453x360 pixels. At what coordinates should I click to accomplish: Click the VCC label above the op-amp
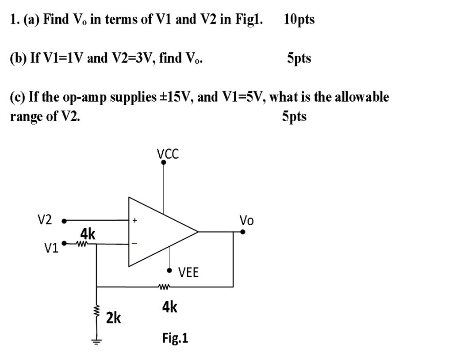coord(168,153)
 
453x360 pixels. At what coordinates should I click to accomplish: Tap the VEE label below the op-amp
coord(188,272)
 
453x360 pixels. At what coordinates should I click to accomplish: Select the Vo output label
coord(246,220)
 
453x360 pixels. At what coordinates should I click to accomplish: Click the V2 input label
coord(44,220)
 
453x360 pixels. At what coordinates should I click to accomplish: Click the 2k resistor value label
coord(114,317)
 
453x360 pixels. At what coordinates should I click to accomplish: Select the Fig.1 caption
coord(175,338)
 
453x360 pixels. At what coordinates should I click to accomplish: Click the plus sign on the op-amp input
coord(135,219)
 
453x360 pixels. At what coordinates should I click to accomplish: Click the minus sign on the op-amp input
coord(135,243)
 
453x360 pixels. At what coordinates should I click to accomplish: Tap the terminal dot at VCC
coord(164,163)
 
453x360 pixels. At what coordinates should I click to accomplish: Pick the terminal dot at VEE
coord(169,271)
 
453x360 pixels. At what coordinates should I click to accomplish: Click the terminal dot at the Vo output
coord(242,231)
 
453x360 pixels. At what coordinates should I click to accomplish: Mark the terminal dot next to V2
coord(64,220)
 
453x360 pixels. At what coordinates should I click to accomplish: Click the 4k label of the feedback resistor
coord(169,306)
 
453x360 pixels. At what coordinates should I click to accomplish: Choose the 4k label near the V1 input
coord(87,233)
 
